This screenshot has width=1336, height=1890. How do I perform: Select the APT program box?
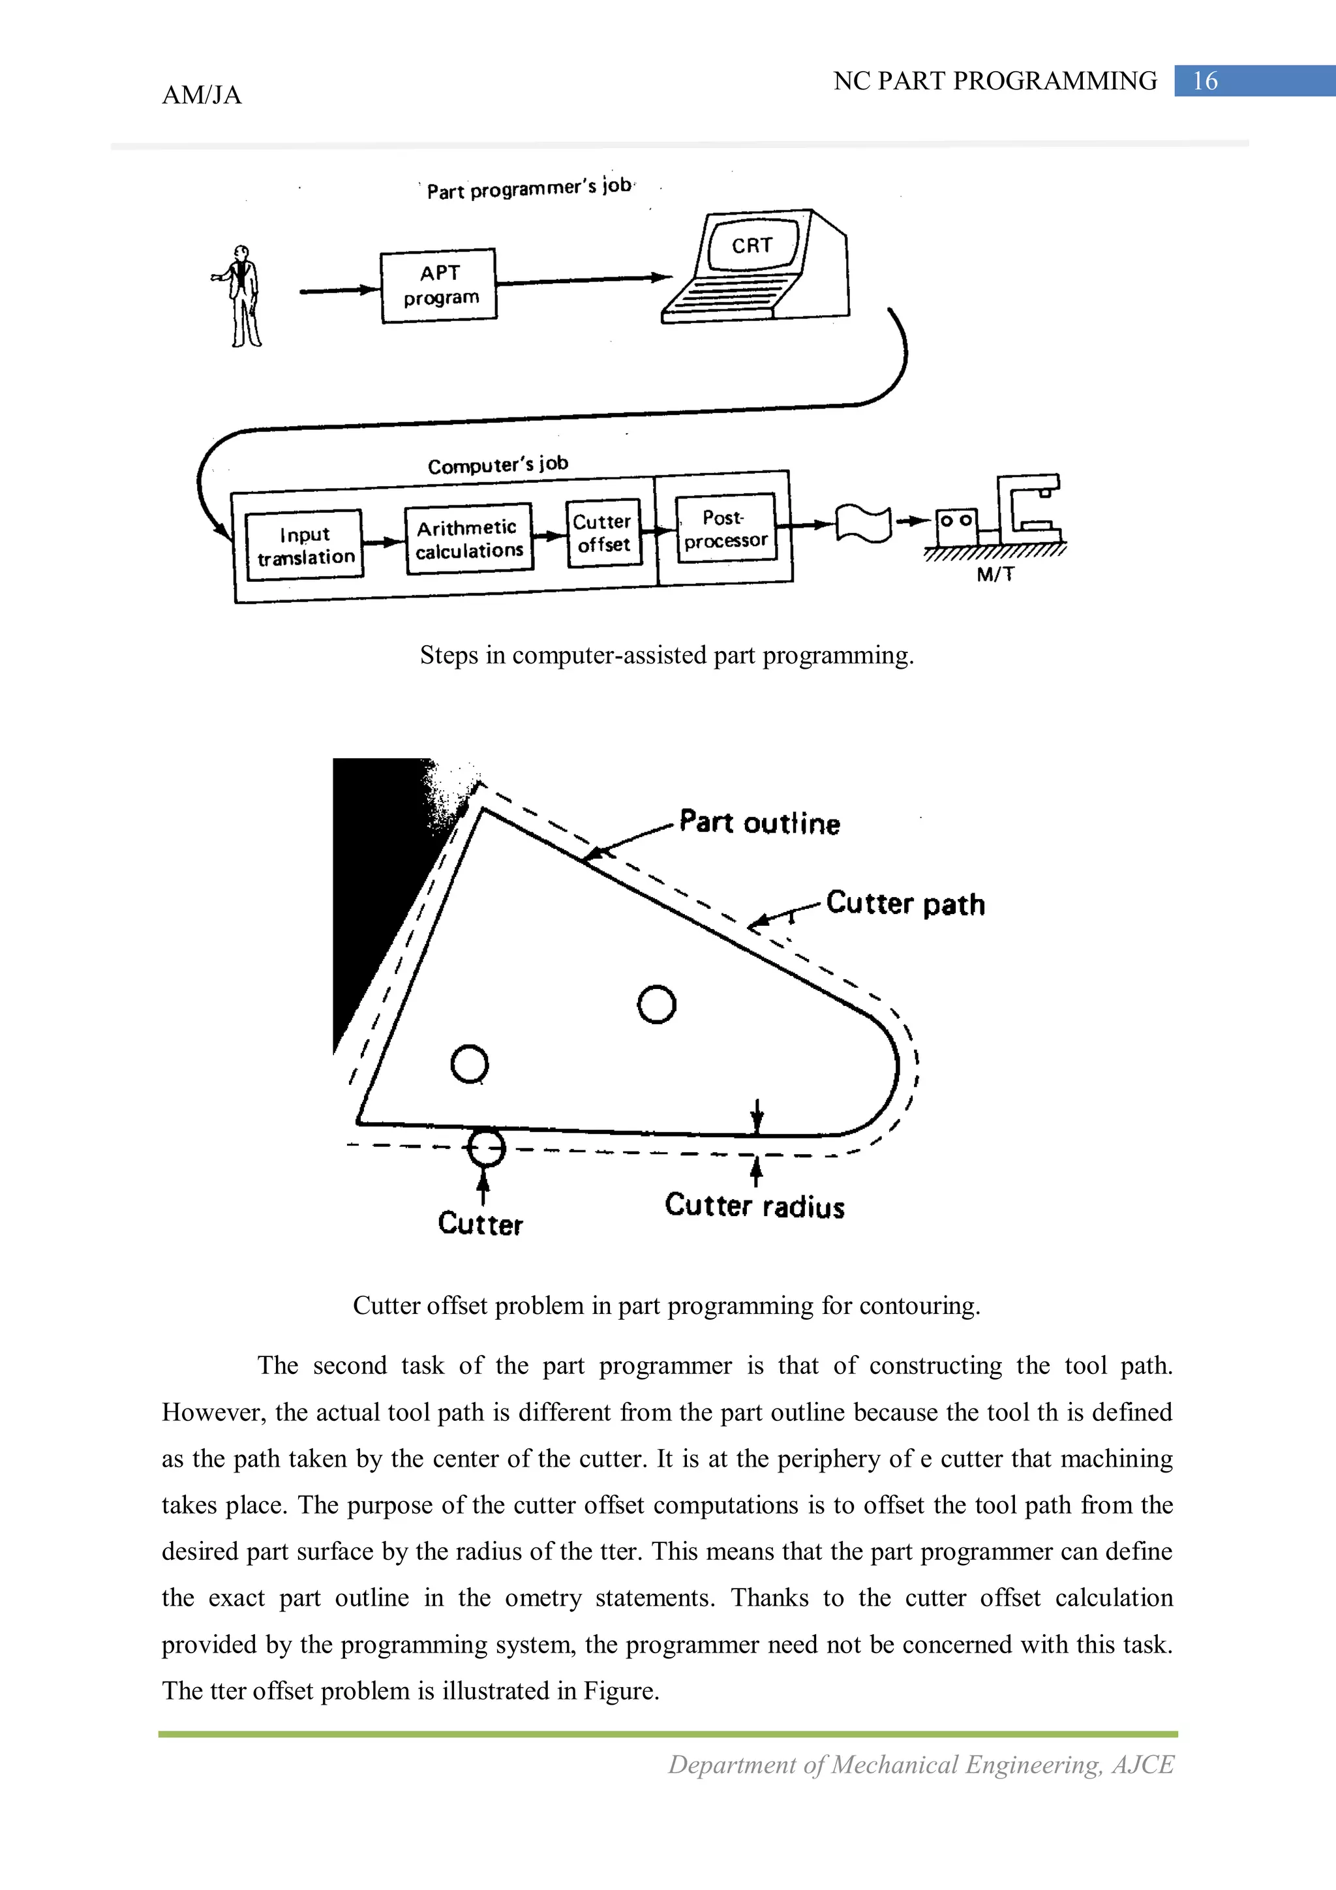(439, 285)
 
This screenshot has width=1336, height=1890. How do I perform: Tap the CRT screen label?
(751, 245)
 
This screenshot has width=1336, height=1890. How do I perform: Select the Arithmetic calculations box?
(468, 539)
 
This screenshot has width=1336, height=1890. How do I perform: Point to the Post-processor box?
(725, 528)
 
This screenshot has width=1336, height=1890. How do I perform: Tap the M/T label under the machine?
(995, 575)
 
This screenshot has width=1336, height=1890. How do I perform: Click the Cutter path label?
(905, 904)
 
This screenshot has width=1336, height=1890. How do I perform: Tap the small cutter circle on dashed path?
(485, 1148)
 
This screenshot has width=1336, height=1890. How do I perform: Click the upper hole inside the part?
(656, 1004)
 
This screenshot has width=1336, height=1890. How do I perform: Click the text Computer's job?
(497, 465)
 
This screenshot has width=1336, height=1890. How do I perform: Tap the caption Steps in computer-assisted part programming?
(666, 655)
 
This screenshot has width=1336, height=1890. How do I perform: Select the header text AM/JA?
(202, 95)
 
